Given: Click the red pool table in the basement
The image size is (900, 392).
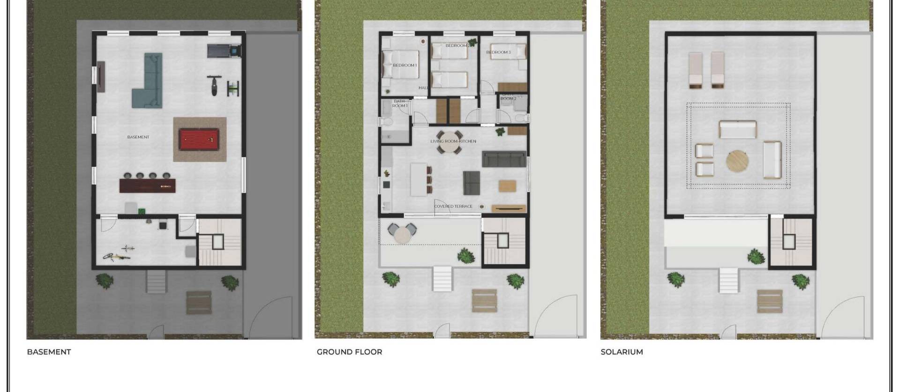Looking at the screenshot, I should [199, 139].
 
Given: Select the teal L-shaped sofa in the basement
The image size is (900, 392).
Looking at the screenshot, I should [149, 84].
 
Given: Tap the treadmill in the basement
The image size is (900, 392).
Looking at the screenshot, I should [224, 50].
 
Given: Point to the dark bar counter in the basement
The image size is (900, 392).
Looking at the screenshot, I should [147, 185].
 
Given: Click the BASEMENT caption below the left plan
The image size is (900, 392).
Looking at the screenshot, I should [49, 352].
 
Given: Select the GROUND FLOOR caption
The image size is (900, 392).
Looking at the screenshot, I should [349, 352].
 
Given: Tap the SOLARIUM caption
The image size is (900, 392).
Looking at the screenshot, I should [622, 352].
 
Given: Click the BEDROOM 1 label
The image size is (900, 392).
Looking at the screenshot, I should [405, 65].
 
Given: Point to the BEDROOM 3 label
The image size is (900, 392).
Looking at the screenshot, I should [498, 52].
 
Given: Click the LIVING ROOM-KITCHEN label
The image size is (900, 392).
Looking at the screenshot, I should [453, 141].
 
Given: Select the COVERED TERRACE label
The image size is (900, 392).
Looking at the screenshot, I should [453, 206].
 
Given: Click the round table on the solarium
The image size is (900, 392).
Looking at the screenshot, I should [737, 161].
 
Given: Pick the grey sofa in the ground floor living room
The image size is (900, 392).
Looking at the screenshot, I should [503, 159].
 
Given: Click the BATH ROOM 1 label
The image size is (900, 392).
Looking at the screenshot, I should [399, 103].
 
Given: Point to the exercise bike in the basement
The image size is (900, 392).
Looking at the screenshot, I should [213, 85].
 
